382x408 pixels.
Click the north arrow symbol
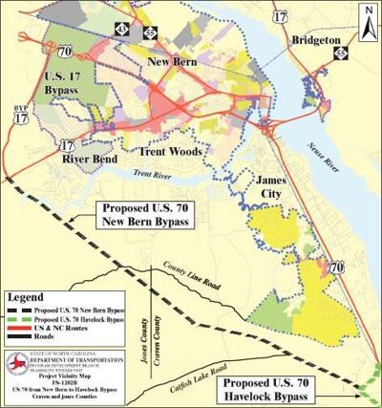point(369,14)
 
